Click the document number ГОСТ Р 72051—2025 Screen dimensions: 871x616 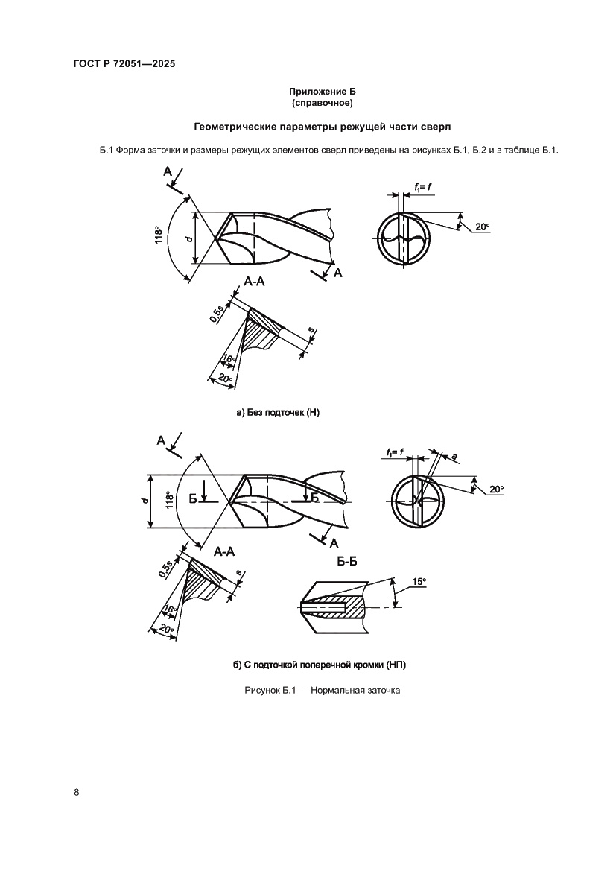(124, 64)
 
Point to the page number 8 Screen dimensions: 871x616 (77, 791)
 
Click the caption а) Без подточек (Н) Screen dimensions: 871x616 (277, 411)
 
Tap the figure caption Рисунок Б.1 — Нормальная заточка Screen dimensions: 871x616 (322, 691)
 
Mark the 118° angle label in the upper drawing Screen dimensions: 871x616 (159, 236)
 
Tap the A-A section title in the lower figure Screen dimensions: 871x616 (224, 552)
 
